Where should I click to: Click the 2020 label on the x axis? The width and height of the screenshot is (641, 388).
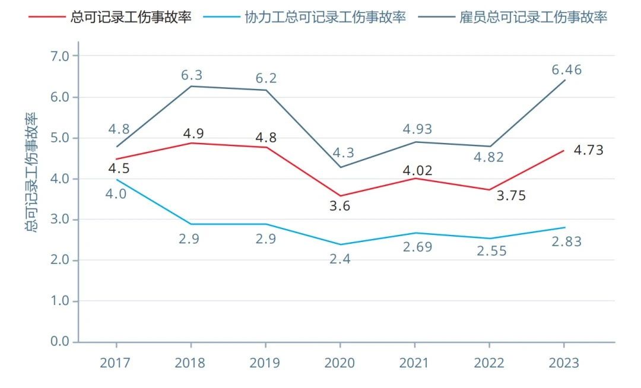tap(339, 363)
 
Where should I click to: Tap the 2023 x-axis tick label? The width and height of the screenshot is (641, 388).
tap(563, 363)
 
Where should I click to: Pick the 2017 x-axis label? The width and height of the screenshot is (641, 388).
tap(116, 363)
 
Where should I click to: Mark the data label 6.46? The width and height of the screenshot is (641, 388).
tap(566, 69)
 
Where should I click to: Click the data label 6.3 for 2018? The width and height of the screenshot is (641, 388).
tap(191, 75)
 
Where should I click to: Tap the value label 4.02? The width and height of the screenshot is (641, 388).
tap(417, 171)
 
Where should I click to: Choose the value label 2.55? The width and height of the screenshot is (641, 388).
tap(491, 251)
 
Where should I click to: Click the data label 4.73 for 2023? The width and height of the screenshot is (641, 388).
tap(588, 150)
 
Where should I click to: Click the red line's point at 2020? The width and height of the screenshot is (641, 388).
tap(340, 196)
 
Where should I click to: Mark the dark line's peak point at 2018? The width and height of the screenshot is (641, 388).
tap(191, 87)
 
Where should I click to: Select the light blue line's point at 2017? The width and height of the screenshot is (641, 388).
tap(116, 179)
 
